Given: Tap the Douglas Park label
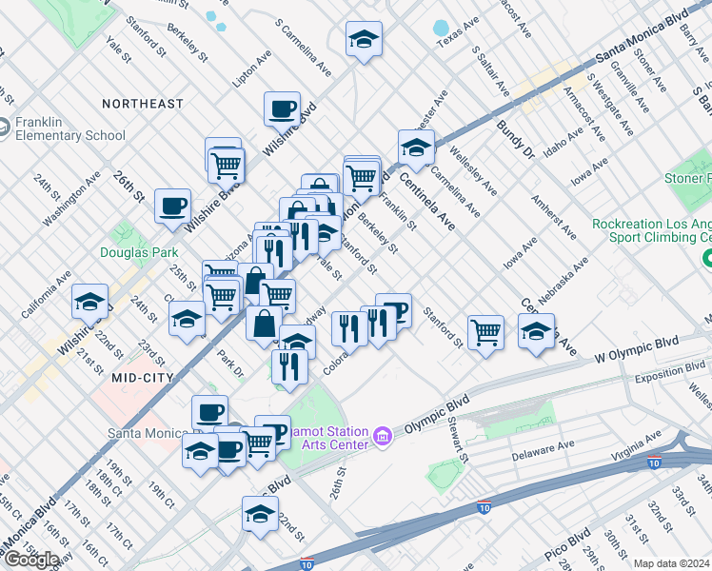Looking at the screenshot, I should [139, 253].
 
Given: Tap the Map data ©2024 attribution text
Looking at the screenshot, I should [672, 563].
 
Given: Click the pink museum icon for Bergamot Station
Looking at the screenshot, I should [384, 436].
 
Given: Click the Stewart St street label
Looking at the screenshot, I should [457, 443].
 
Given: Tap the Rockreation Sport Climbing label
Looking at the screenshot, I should [651, 231].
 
